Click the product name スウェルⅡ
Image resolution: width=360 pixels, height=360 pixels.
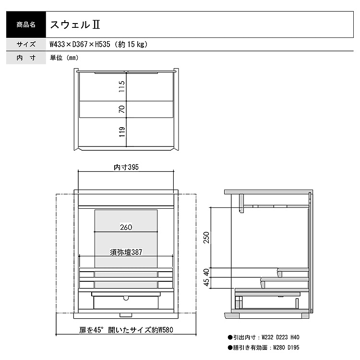pyautogui.click(x=75, y=24)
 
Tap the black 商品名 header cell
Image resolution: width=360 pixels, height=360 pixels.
pyautogui.click(x=26, y=24)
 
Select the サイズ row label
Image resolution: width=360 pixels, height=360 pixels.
pyautogui.click(x=26, y=44)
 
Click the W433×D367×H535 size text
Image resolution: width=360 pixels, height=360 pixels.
pyautogui.click(x=80, y=44)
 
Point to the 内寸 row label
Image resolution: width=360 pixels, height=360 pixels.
pyautogui.click(x=26, y=58)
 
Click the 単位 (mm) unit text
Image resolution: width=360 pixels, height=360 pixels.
pyautogui.click(x=64, y=58)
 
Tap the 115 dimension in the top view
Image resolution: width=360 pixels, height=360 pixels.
pyautogui.click(x=122, y=86)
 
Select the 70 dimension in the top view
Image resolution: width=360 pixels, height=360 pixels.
pyautogui.click(x=122, y=109)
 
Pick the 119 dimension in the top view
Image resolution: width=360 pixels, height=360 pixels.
pyautogui.click(x=122, y=132)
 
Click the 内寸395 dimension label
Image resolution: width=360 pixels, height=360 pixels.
pyautogui.click(x=126, y=167)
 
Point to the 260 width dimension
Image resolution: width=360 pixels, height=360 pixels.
pyautogui.click(x=126, y=228)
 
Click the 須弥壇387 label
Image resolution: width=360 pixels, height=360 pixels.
pyautogui.click(x=126, y=252)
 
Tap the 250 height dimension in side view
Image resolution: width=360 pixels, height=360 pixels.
pyautogui.click(x=206, y=238)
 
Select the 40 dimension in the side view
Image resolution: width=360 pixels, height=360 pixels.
pyautogui.click(x=206, y=273)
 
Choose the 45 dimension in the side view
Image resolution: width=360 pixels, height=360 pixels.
pyautogui.click(x=206, y=282)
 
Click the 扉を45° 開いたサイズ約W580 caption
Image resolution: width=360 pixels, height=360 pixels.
pyautogui.click(x=126, y=330)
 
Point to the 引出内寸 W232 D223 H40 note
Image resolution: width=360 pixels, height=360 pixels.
pyautogui.click(x=264, y=337)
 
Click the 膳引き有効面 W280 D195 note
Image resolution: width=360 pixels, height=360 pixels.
pyautogui.click(x=264, y=348)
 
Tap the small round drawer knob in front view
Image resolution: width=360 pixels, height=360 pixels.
pyautogui.click(x=126, y=298)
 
